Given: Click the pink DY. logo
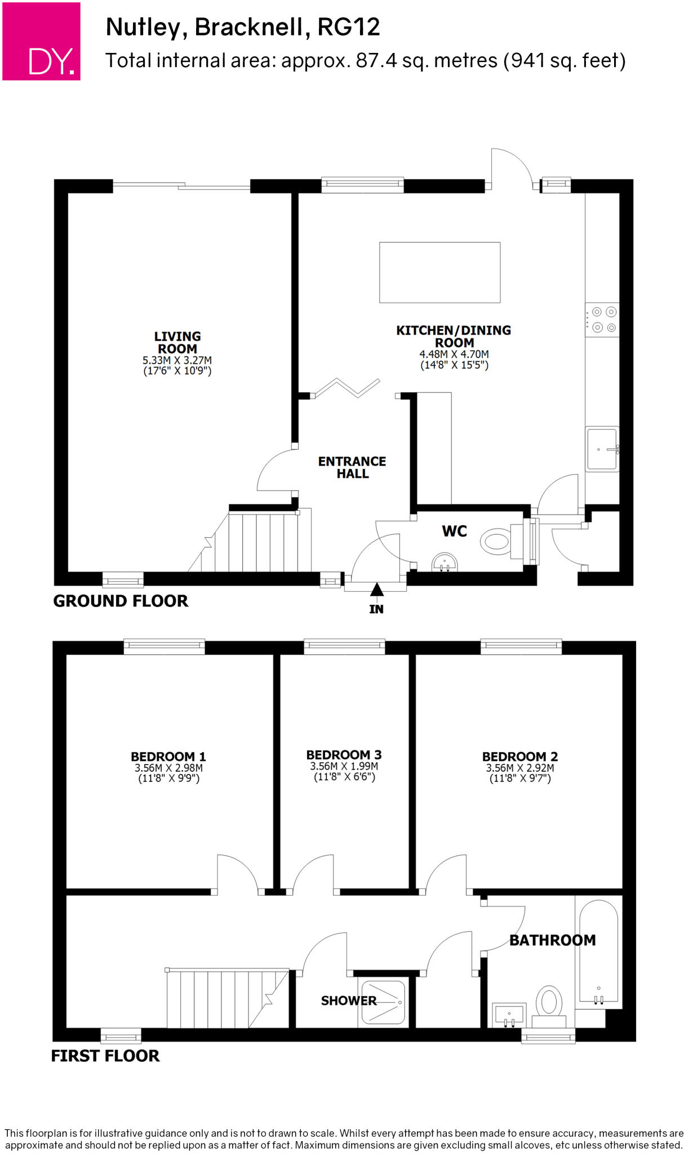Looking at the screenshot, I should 41,41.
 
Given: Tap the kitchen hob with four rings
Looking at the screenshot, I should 603,320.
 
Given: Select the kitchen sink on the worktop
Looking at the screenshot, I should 602,449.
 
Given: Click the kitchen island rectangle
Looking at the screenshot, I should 439,272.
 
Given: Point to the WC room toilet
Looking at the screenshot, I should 499,542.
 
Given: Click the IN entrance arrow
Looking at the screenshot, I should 376,591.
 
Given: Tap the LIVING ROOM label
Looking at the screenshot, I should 177,342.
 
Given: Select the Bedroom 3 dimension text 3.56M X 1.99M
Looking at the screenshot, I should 344,766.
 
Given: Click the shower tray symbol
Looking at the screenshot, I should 383,1003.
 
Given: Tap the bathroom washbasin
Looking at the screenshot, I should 509,1015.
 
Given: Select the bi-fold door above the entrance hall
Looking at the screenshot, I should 347,388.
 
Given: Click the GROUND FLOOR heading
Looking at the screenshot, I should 121,601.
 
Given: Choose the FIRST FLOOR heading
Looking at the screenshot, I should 105,1056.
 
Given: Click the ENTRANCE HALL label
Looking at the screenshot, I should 352,467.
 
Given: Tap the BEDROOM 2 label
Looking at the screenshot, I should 519,756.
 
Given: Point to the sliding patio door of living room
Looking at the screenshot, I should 181,185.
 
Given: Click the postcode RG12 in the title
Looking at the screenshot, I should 349,27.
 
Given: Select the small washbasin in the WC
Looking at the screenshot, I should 445,562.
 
